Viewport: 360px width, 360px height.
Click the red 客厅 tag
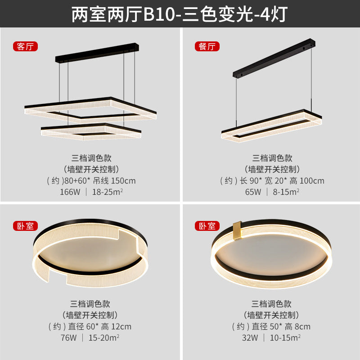click(x=25, y=46)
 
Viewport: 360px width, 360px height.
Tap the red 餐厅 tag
click(x=206, y=46)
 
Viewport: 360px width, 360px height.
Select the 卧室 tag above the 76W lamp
click(x=25, y=226)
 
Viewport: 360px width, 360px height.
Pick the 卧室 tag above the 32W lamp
click(x=206, y=226)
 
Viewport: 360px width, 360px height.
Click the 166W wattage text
click(x=70, y=192)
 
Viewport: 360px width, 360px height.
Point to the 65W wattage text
click(x=253, y=192)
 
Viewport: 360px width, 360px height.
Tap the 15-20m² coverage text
click(x=104, y=337)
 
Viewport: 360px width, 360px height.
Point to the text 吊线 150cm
click(x=114, y=181)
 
